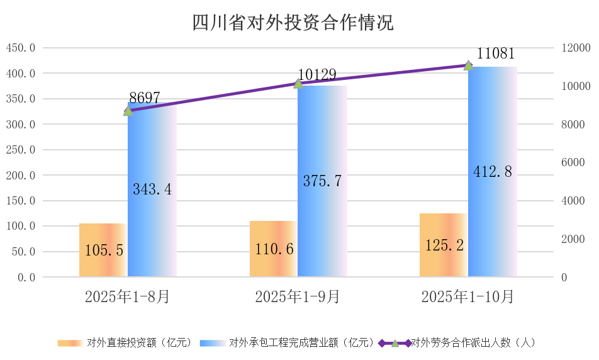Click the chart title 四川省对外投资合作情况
coord(293,23)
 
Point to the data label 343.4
coord(152,188)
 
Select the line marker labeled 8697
coord(128,111)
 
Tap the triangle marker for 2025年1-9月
coord(298,83)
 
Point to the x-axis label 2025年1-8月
coord(127,296)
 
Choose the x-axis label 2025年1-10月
coord(467,296)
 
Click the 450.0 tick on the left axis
coord(21,48)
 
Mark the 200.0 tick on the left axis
coord(21,176)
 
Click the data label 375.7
coord(322,181)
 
